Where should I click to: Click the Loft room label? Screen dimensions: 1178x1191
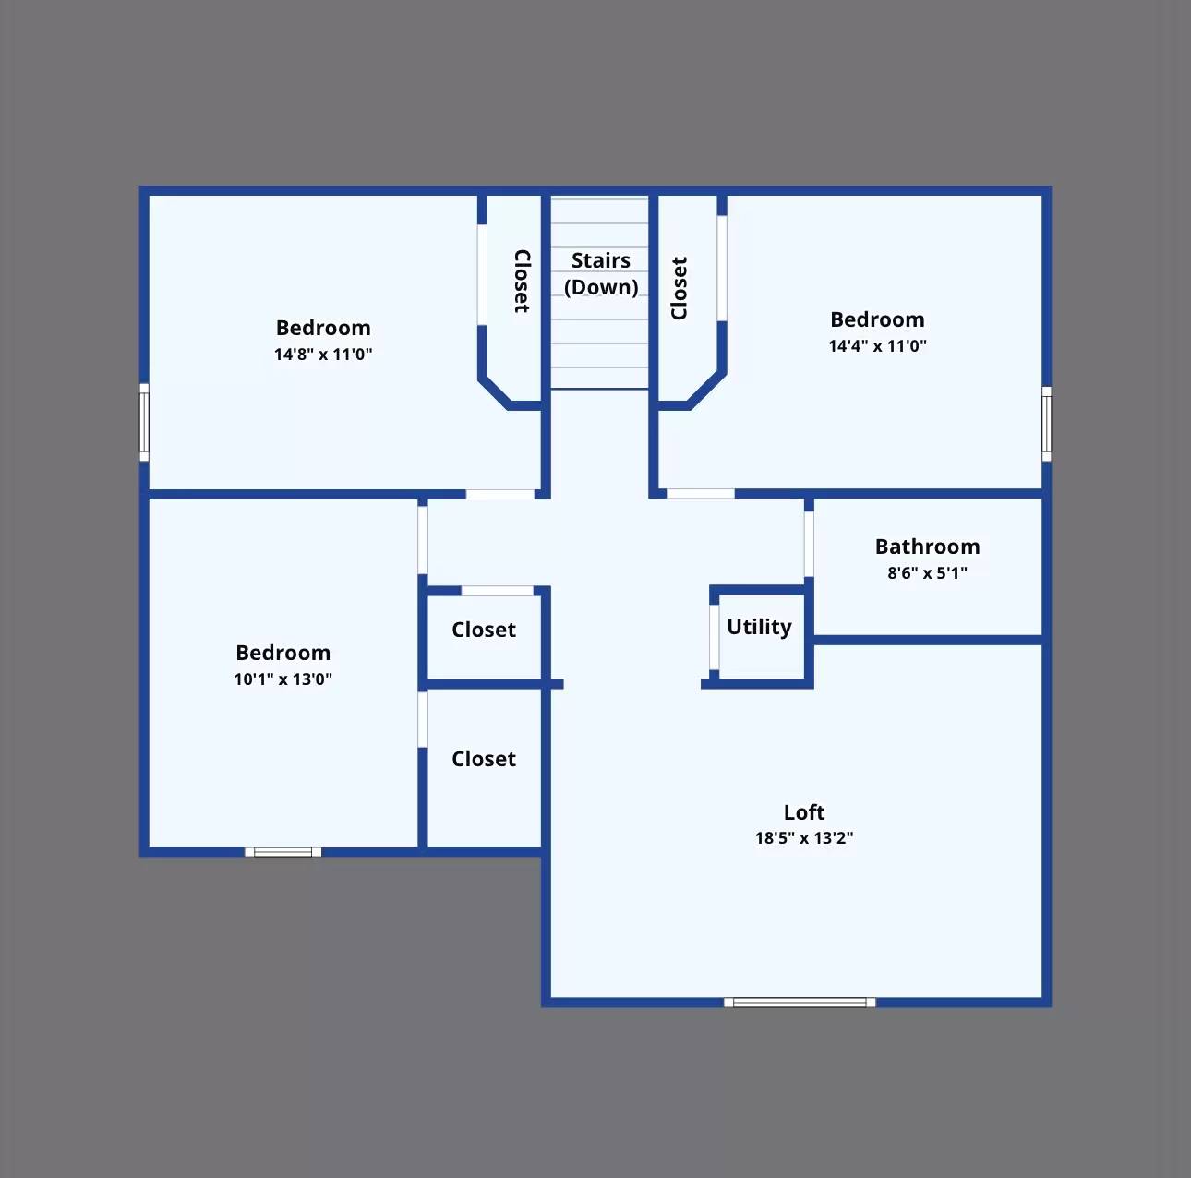[x=803, y=812]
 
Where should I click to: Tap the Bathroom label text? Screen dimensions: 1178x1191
[x=927, y=547]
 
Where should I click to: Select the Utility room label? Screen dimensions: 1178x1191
[x=759, y=627]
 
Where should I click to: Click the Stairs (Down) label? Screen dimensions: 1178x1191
[x=601, y=273]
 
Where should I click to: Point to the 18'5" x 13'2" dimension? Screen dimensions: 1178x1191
[x=803, y=838]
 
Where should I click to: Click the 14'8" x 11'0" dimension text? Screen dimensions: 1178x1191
[x=323, y=354]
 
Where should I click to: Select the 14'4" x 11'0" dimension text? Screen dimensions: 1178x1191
[x=877, y=345]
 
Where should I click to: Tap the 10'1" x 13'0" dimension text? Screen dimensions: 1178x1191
[x=283, y=679]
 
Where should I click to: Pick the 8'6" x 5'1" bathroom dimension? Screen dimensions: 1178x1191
[x=927, y=572]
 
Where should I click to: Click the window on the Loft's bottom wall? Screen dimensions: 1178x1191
[x=800, y=1002]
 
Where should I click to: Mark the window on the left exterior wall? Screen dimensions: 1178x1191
[x=144, y=422]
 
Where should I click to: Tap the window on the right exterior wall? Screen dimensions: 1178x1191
[x=1046, y=424]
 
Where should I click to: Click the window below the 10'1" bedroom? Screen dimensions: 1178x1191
[x=283, y=852]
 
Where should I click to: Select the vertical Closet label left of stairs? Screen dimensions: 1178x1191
[x=522, y=281]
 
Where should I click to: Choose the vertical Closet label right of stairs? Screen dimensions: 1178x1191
[x=680, y=288]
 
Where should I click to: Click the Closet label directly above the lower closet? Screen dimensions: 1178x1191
[x=483, y=630]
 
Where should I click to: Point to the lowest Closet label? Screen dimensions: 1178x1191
[x=483, y=759]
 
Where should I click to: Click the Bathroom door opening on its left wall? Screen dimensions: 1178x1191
[x=809, y=544]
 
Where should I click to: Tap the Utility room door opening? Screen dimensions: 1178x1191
[x=714, y=637]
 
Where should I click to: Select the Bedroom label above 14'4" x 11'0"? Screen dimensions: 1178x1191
[x=877, y=319]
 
